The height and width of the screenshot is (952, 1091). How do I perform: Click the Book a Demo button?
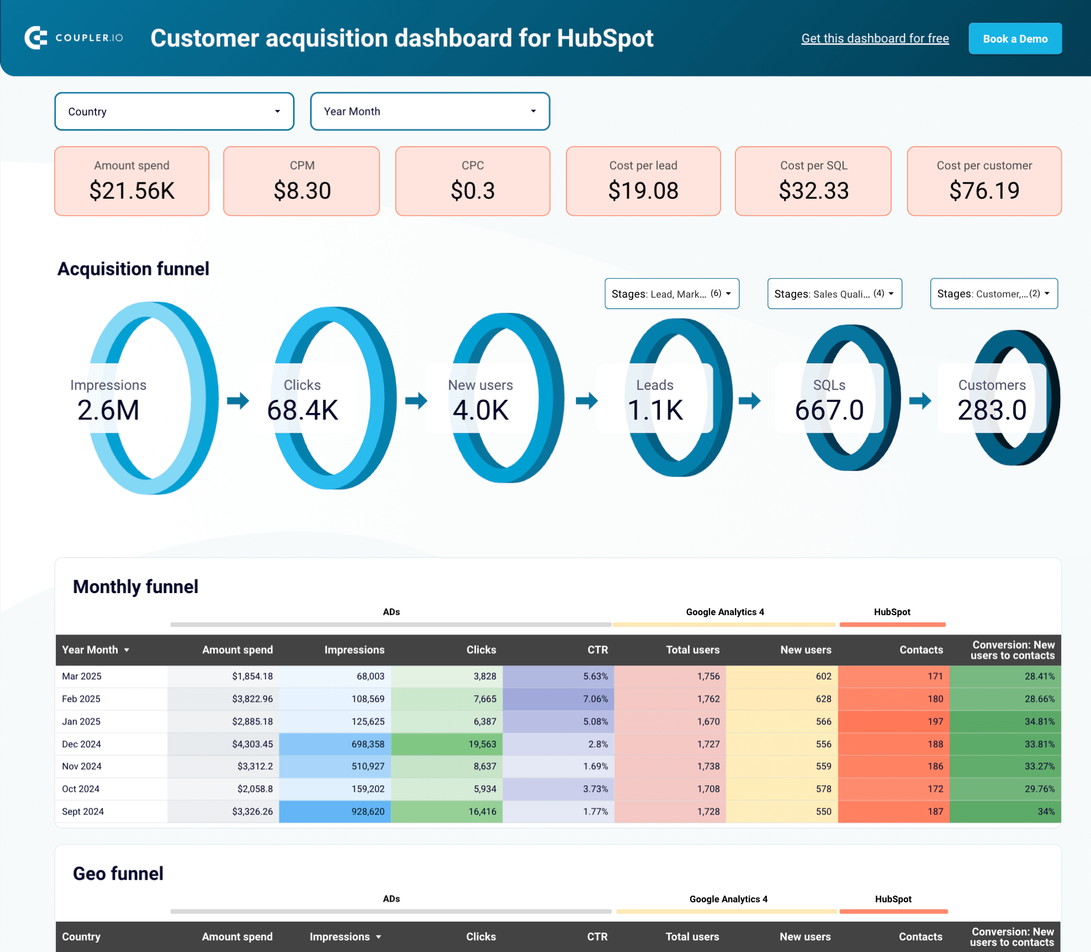pos(1015,39)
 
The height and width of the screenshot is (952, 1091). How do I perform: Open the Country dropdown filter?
pos(174,112)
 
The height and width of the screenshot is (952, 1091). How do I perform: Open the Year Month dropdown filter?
pos(430,112)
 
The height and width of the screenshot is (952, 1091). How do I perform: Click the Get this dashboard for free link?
pos(875,38)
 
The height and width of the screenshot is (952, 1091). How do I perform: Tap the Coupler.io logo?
pos(74,38)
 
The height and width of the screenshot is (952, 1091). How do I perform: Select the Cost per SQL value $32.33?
pos(813,191)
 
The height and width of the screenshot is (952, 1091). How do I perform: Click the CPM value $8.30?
pos(302,191)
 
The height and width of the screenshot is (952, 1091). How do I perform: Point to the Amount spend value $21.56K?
pos(132,191)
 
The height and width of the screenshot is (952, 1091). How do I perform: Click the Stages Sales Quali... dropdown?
pos(834,294)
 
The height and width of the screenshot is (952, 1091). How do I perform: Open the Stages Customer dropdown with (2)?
pos(993,294)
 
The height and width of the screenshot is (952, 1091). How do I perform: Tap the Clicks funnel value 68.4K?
pos(303,410)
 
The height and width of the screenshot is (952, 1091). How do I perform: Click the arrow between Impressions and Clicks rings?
pos(238,400)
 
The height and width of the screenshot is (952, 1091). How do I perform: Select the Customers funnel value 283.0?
pos(992,410)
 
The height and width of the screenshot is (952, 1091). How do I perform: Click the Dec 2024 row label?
pos(82,744)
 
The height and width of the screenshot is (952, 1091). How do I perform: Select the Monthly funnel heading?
pos(135,586)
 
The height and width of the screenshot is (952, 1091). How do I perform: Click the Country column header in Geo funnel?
pos(81,937)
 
